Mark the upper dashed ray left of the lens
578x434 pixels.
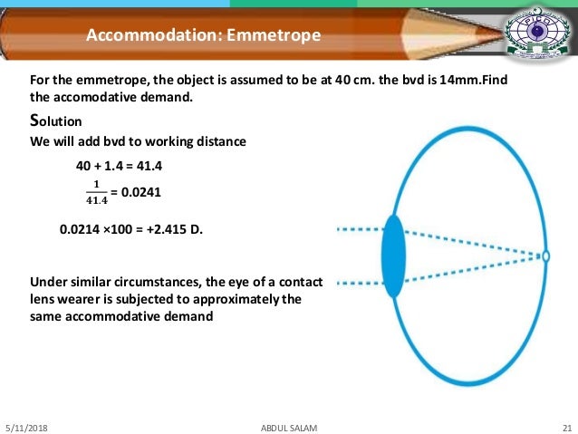point(359,230)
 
